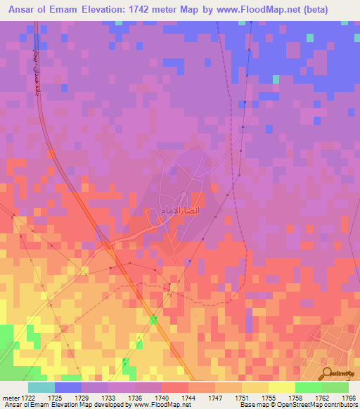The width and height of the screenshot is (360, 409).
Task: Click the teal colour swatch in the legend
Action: coord(41,387)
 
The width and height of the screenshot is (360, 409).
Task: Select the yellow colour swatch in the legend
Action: coord(281,387)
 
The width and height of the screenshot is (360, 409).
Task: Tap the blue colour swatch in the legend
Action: coord(67,387)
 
